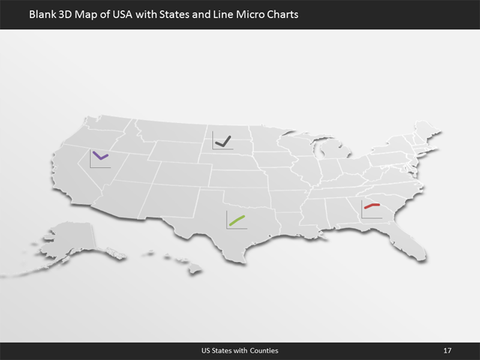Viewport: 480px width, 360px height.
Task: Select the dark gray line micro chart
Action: tap(222, 139)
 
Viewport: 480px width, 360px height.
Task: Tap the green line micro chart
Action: tap(237, 220)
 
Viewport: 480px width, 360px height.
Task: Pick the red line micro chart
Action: tap(372, 207)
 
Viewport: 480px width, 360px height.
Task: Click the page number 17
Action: tap(447, 351)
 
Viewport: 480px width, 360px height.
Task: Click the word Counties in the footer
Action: tap(263, 351)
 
